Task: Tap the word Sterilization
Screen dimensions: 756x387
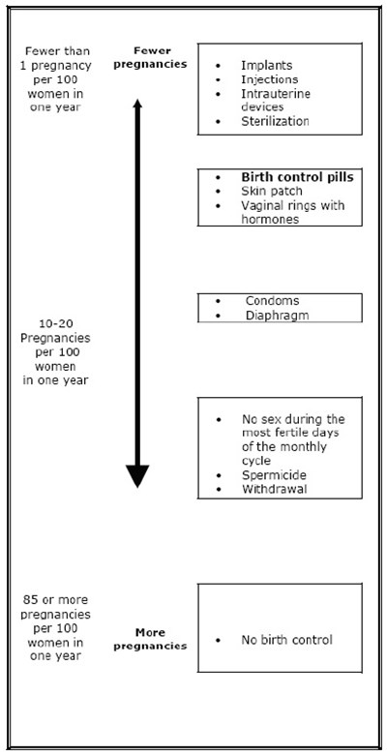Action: [x=275, y=121]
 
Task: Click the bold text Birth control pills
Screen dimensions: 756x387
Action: [x=297, y=178]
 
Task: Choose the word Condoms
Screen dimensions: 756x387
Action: [x=273, y=300]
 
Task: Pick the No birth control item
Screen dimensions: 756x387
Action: [x=286, y=640]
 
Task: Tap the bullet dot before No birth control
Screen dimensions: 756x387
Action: [x=220, y=640]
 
